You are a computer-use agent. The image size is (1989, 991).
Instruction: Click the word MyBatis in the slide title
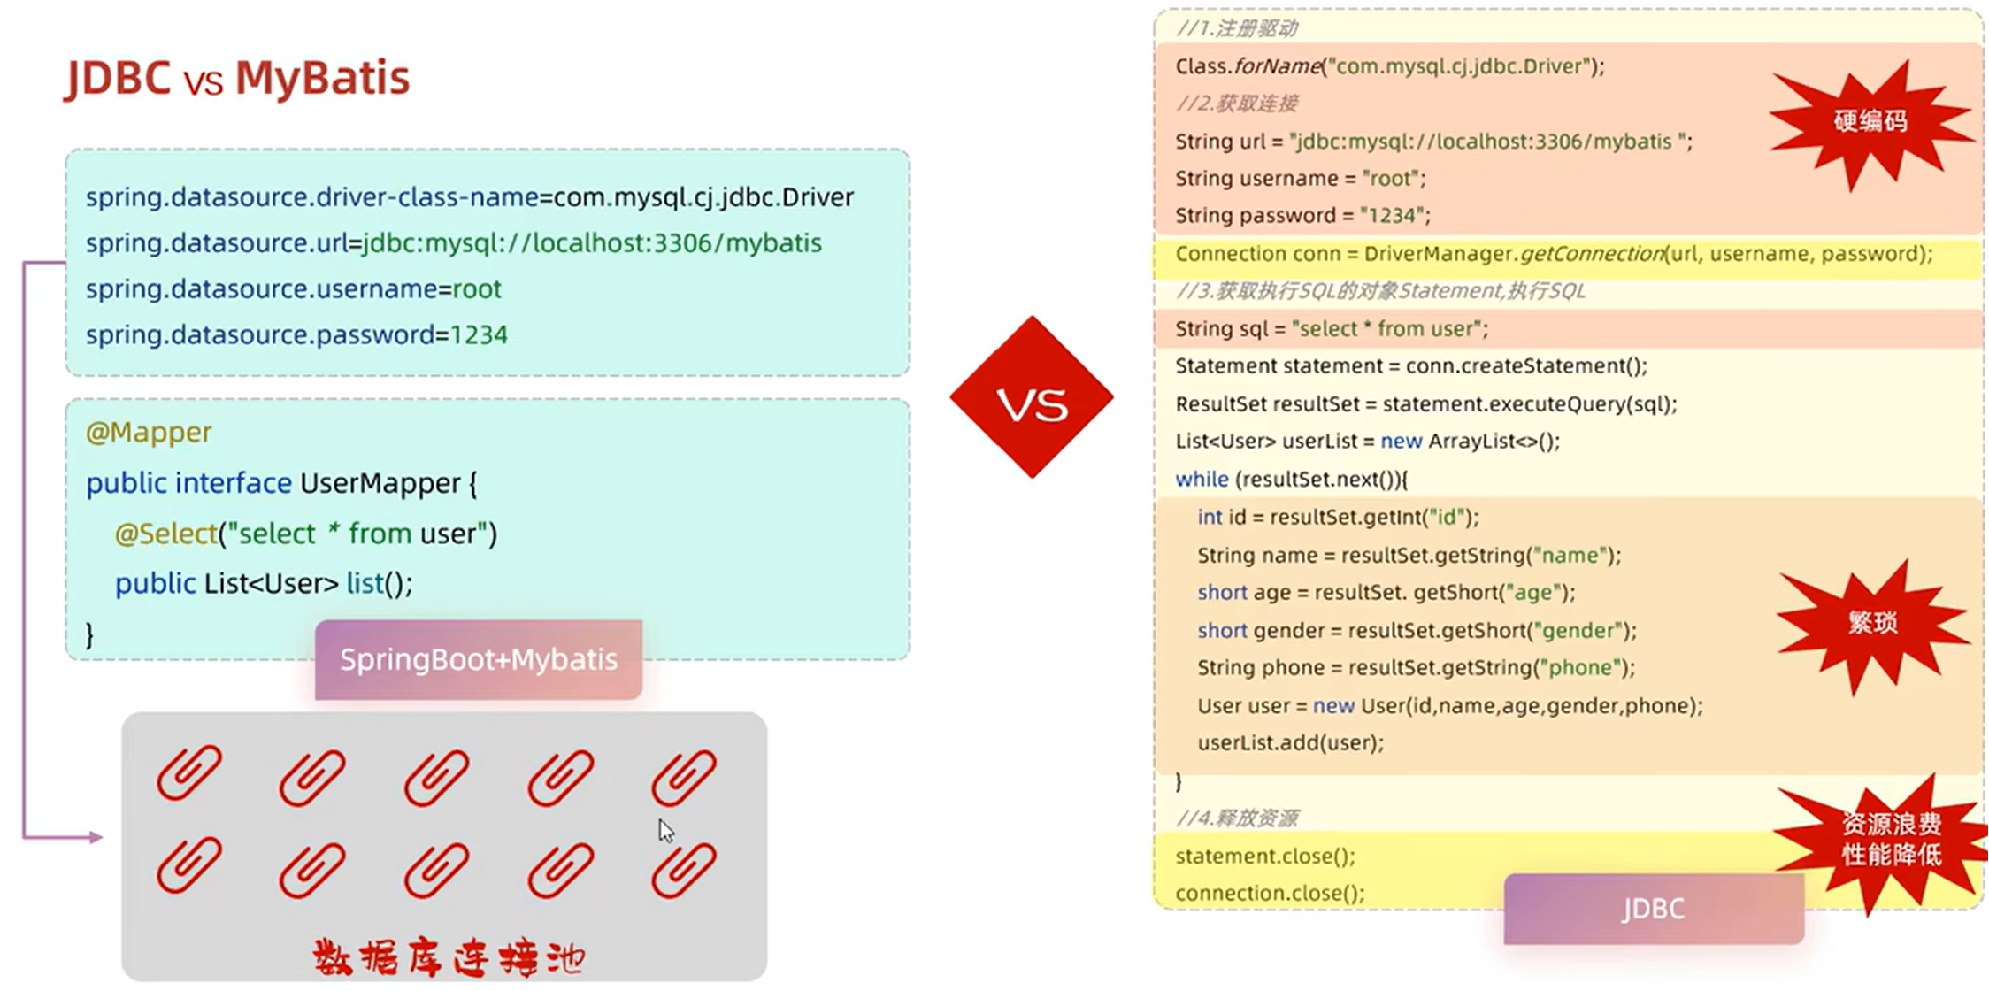(x=322, y=78)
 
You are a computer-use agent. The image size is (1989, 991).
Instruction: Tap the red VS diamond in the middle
(x=1032, y=398)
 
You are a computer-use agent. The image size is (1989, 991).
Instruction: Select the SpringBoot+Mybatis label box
(x=479, y=660)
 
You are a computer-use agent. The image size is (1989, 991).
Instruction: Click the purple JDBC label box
(x=1653, y=909)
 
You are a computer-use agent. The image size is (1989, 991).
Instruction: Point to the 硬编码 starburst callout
(x=1870, y=122)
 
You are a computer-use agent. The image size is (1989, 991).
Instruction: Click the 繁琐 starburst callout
(x=1872, y=624)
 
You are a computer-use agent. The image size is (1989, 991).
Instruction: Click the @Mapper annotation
(x=149, y=433)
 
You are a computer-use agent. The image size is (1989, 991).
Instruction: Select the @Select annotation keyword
(x=165, y=534)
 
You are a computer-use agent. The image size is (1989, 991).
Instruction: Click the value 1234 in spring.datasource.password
(x=479, y=335)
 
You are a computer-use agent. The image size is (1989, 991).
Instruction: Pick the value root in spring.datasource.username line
(x=477, y=289)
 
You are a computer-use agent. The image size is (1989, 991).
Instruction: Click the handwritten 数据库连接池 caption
(x=449, y=958)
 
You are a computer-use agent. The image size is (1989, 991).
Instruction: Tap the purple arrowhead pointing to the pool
(x=95, y=837)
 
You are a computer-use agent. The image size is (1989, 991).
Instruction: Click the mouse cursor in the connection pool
(x=665, y=830)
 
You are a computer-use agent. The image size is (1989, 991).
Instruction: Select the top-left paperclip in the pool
(x=188, y=772)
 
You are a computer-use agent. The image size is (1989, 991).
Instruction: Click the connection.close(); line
(x=1270, y=894)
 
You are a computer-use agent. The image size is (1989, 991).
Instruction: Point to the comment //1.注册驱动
(x=1236, y=28)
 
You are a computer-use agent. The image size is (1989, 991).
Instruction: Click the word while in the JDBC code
(x=1202, y=480)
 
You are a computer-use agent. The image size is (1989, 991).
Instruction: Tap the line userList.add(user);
(x=1290, y=743)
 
